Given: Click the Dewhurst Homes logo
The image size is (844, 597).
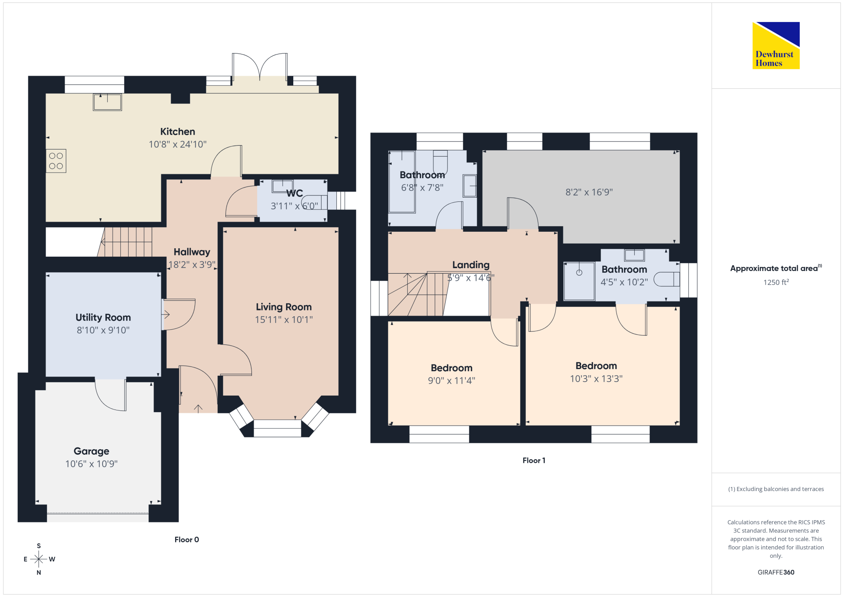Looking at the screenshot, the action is (776, 45).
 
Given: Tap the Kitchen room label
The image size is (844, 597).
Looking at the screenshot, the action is (178, 132).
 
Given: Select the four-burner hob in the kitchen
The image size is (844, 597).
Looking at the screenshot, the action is (56, 161).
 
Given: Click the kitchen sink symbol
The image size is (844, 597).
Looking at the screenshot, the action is (108, 102).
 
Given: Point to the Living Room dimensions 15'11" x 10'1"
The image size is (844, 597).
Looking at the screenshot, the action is (284, 320).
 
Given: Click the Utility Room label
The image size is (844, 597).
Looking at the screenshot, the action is (103, 317).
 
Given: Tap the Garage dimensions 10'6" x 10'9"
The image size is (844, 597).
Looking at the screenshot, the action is (92, 464).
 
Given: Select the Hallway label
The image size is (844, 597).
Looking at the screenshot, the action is (192, 252).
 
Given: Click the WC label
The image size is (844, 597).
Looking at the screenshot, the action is (295, 193).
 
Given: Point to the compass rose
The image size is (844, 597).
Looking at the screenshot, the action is (39, 559).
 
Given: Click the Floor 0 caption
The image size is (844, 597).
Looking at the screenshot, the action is (187, 540).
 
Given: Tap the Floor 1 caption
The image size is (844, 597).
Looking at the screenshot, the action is (534, 461).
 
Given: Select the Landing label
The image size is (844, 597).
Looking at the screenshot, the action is (471, 265).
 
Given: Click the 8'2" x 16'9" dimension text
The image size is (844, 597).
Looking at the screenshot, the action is (589, 192).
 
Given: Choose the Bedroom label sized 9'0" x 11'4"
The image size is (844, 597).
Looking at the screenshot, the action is (452, 368).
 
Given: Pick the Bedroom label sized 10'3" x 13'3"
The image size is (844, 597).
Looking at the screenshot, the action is (596, 366).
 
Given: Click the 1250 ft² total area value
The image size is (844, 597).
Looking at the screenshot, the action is (776, 282).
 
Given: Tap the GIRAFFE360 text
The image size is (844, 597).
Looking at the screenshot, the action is (776, 573).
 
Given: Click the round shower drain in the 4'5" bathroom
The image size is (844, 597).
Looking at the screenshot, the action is (579, 272).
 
